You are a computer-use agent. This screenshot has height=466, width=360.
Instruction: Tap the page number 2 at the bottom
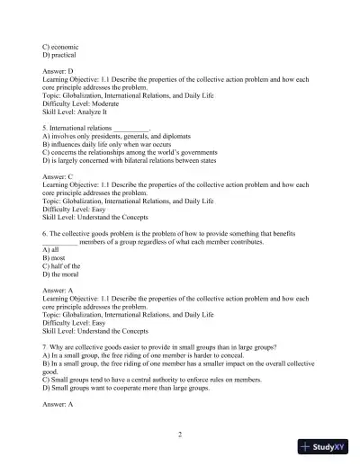tap(180, 434)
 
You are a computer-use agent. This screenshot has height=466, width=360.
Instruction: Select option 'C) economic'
tap(62, 44)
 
